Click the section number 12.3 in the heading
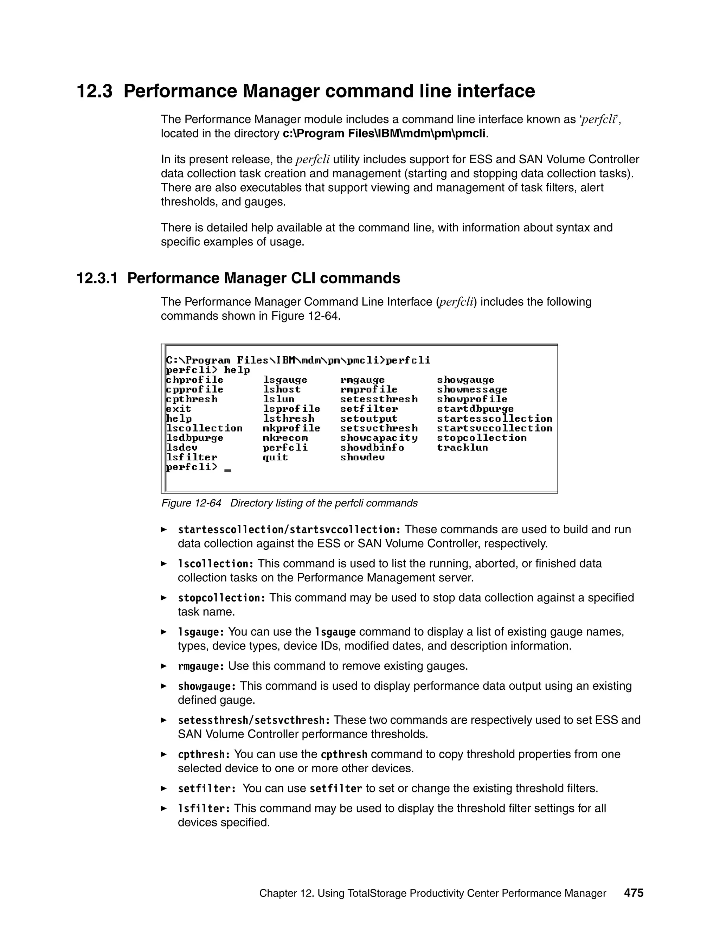point(94,92)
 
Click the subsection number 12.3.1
point(96,278)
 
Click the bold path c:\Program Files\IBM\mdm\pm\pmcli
point(384,134)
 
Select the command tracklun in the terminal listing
point(462,448)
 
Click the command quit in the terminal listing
point(275,458)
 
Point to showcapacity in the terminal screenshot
point(379,438)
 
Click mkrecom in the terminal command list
point(285,438)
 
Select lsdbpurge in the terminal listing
point(194,438)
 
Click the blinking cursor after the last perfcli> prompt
point(227,470)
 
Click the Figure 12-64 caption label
point(191,503)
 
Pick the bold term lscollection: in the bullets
point(216,564)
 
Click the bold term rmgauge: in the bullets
point(201,666)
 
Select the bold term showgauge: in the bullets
point(206,686)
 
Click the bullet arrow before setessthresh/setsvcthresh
point(163,720)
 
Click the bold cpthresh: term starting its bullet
point(204,754)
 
